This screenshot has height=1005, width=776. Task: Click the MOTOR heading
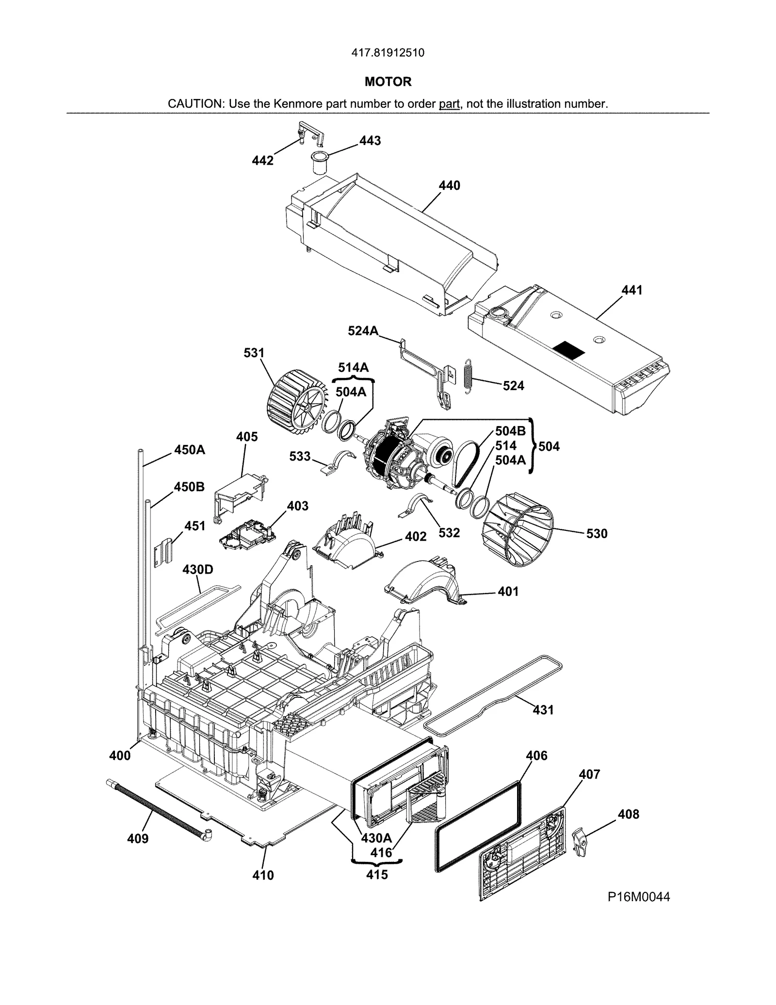point(388,82)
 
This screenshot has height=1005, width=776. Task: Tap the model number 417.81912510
point(388,53)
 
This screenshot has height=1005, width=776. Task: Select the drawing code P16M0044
point(639,897)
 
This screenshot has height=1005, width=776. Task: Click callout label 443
point(370,141)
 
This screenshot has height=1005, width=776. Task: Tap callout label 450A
point(190,450)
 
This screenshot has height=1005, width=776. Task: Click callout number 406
point(536,756)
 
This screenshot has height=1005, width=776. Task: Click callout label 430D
point(197,569)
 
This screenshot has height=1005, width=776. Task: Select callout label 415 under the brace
point(377,874)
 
